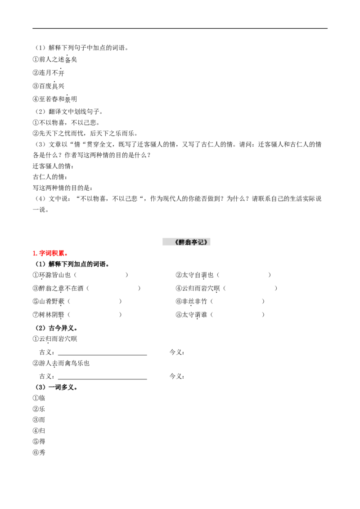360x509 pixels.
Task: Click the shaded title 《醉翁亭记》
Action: (x=186, y=242)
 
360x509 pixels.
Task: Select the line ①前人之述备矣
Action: (x=55, y=59)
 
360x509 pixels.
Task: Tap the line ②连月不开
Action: (x=49, y=72)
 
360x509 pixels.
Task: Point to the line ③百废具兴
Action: (x=49, y=86)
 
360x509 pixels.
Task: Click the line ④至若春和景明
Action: (x=55, y=99)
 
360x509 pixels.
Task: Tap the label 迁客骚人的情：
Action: (x=53, y=166)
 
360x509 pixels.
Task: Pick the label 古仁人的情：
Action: (x=50, y=177)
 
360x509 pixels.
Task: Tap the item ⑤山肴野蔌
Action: (x=49, y=302)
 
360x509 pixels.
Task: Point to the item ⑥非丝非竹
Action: (x=191, y=302)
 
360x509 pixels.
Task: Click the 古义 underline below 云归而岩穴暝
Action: (x=102, y=355)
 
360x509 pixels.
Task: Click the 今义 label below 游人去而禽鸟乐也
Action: (x=177, y=376)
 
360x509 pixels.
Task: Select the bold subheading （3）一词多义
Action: (x=56, y=387)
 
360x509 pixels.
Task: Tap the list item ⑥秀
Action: (x=39, y=452)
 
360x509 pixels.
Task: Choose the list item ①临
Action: (x=39, y=398)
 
